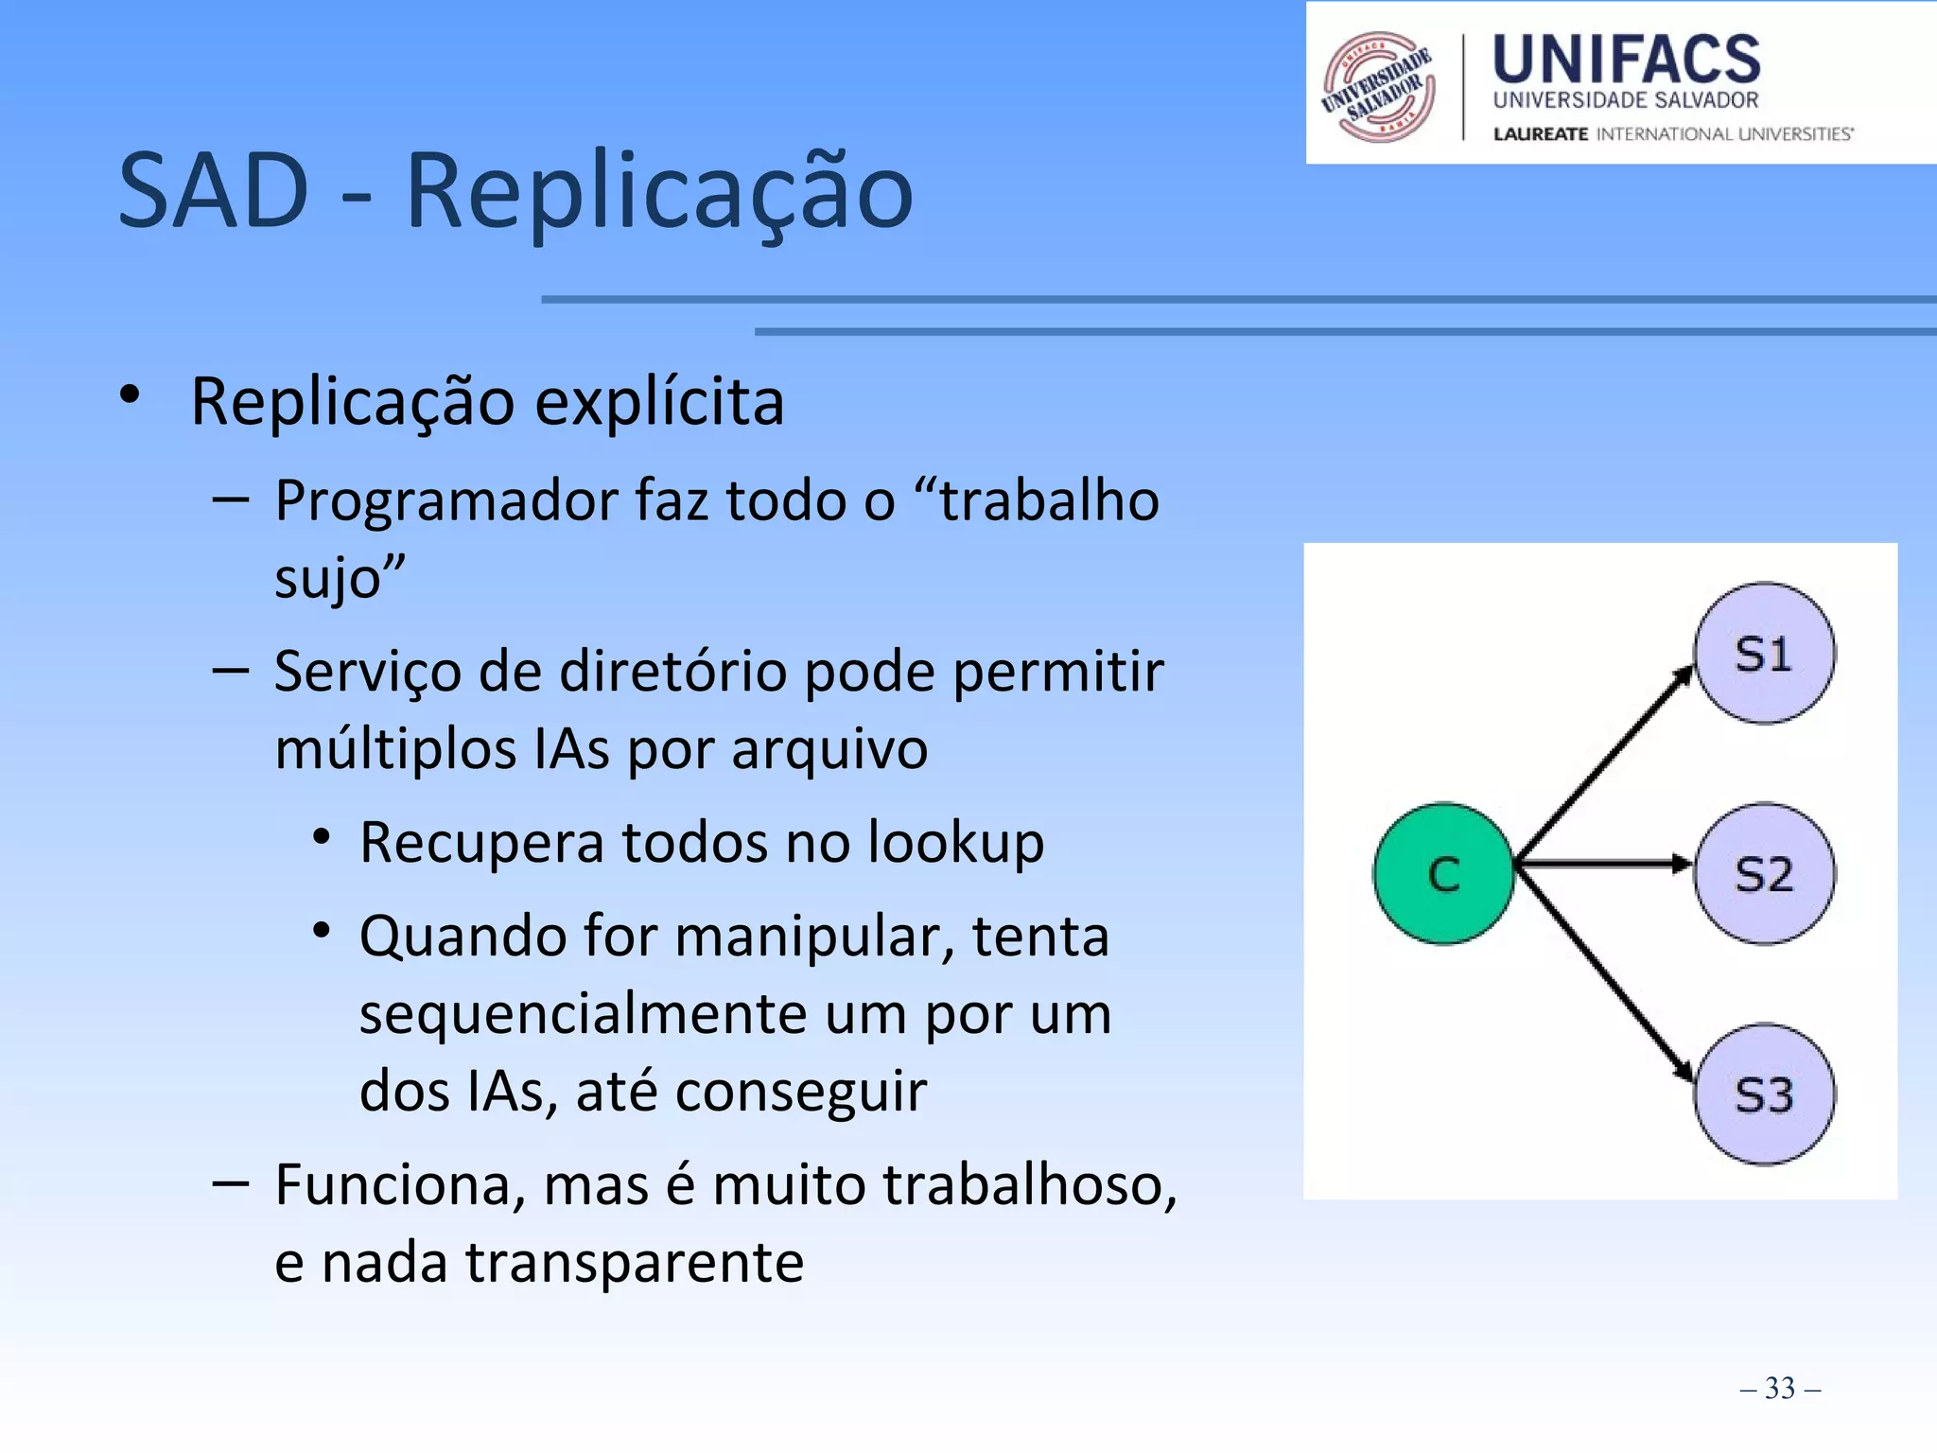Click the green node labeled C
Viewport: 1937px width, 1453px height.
pos(1443,873)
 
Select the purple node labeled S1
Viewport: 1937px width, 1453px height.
pos(1764,654)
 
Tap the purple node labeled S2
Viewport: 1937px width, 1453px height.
pos(1764,873)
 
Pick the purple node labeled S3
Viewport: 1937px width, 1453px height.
pos(1764,1094)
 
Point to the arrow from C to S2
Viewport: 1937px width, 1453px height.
pos(1603,863)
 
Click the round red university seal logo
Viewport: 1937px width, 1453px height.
pos(1379,87)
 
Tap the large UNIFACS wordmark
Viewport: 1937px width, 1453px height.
pos(1626,59)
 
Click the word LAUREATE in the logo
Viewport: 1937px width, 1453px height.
pos(1540,134)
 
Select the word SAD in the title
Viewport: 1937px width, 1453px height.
pos(214,192)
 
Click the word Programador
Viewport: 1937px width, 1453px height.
pos(445,500)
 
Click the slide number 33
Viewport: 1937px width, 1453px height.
pos(1779,1388)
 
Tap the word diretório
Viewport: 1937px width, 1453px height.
pos(672,672)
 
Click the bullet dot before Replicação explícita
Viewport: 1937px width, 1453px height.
pos(130,395)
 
